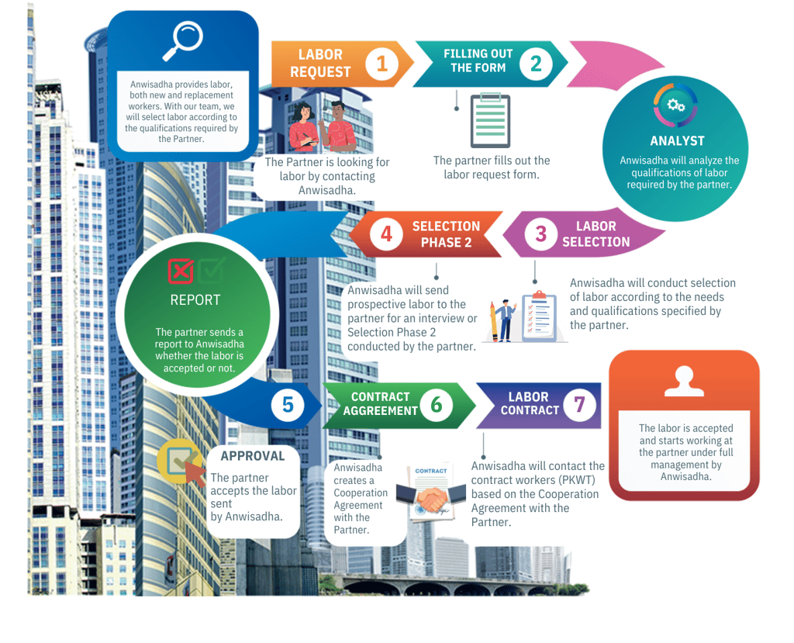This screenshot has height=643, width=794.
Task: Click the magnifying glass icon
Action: coord(182,41)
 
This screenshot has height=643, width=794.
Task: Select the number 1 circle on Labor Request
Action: coord(381,64)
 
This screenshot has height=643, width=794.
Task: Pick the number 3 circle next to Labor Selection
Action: coord(540,234)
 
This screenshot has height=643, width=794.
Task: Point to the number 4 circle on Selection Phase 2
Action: coord(386,233)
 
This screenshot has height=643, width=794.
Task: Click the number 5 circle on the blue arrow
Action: coord(288,404)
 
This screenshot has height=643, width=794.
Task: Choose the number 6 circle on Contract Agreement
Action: coord(437,404)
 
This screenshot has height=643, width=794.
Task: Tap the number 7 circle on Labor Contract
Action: coord(578,404)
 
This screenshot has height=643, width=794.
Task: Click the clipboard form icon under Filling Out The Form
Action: coord(490,119)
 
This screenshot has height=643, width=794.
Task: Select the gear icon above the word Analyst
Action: coord(675,105)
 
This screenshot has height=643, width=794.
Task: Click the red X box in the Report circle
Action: coord(181,271)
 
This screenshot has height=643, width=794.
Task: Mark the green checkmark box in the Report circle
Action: coord(211,271)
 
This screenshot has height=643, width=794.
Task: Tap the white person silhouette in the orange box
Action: coord(685,381)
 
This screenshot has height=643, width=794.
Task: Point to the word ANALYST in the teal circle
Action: coord(677,141)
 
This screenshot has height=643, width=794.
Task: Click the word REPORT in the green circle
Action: coord(195,300)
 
